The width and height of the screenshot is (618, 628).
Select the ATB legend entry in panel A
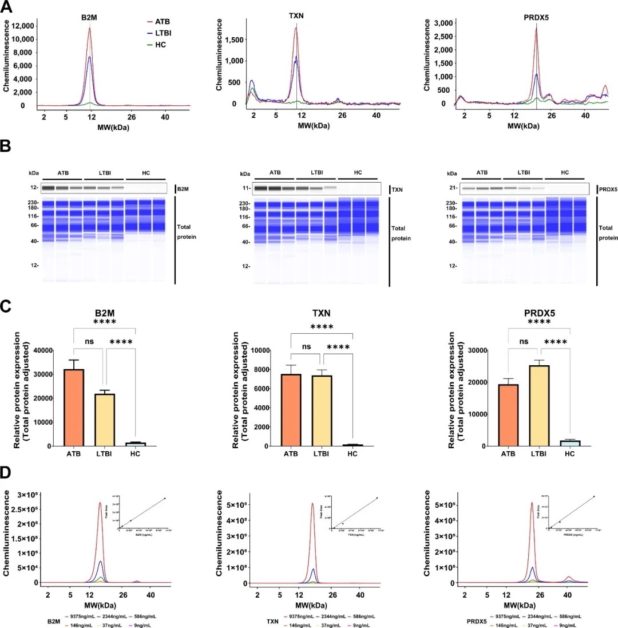point(162,21)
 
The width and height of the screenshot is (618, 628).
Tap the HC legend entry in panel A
point(160,45)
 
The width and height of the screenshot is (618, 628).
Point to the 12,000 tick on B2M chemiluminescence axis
point(24,25)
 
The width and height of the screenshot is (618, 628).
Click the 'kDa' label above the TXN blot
point(245,173)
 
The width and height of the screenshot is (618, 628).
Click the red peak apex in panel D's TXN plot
point(312,504)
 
